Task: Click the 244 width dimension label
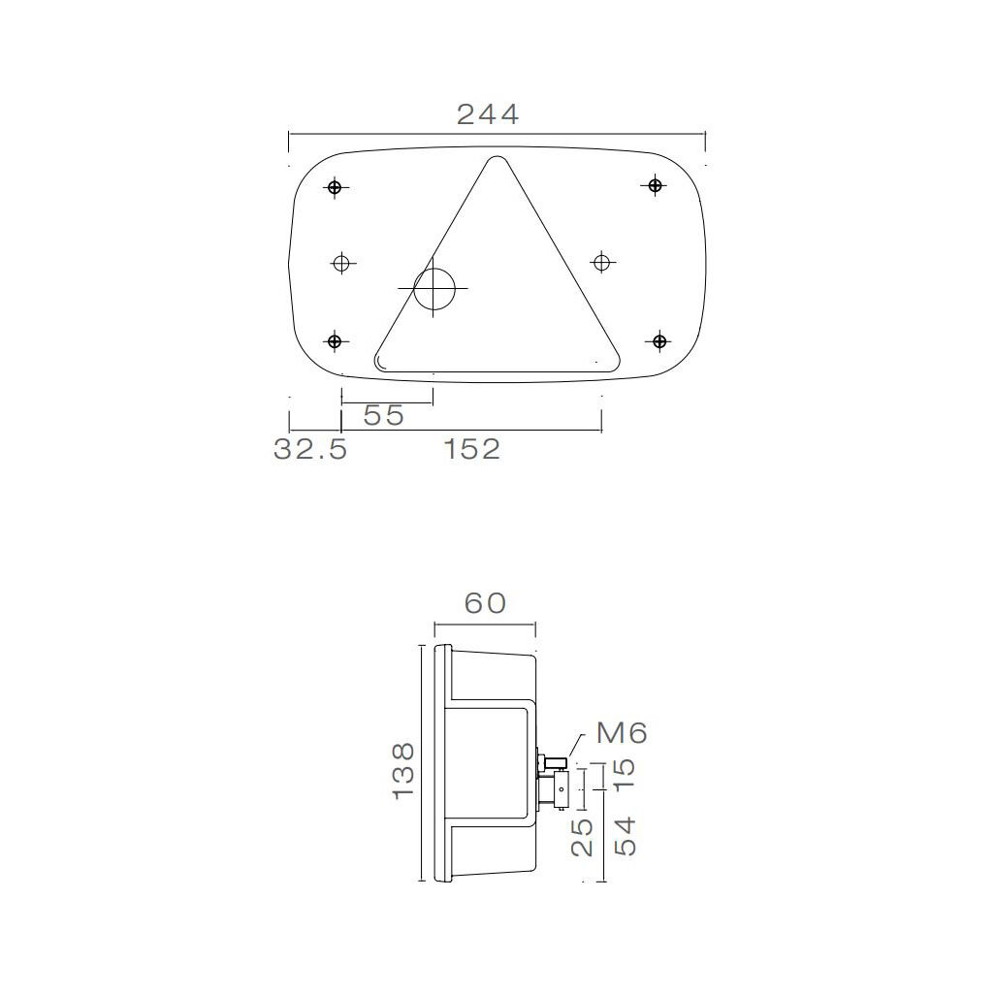point(488,114)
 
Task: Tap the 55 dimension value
point(383,415)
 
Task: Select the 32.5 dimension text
point(310,449)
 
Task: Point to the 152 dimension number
point(472,449)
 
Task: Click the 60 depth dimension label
point(485,603)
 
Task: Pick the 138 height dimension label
point(404,770)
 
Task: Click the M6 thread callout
point(621,732)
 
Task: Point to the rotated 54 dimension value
point(626,835)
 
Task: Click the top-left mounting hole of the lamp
point(335,187)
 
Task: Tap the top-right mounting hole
point(657,185)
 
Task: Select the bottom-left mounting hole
point(335,340)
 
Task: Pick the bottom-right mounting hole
point(659,340)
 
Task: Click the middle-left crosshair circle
point(341,262)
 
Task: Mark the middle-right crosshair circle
point(602,261)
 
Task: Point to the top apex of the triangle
point(497,159)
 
